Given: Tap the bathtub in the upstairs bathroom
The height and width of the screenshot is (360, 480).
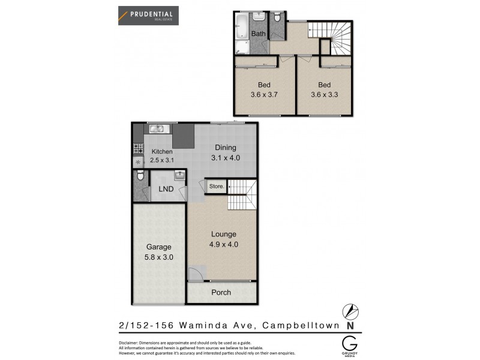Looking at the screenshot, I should point(241,25).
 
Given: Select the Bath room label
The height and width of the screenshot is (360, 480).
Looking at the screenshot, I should point(258,34).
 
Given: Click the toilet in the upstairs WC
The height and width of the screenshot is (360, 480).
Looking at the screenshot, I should point(277,19).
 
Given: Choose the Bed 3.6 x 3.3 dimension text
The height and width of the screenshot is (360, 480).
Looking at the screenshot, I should point(325,94).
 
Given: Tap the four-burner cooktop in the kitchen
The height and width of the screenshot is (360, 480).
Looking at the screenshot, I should point(137,149).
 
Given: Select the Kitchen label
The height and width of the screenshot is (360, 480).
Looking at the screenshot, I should point(162,152).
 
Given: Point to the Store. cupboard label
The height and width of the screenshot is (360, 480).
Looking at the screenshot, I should point(216,187).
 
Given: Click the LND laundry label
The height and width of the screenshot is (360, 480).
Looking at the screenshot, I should point(166,189).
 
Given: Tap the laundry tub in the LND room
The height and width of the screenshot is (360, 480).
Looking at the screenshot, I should point(179,175).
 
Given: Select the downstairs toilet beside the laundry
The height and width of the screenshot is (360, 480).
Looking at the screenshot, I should point(139,176).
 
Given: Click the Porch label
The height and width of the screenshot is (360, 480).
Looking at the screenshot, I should point(221,292).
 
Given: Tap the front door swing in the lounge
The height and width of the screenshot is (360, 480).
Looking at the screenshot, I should point(195,274).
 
